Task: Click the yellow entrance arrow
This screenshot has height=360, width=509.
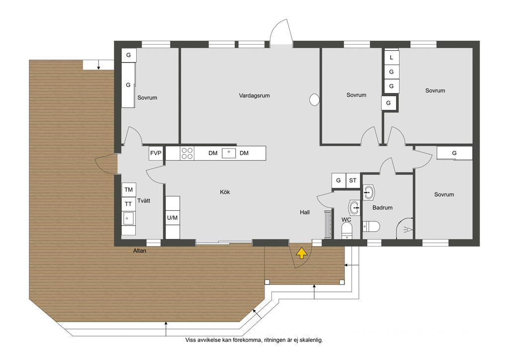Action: (x=302, y=253)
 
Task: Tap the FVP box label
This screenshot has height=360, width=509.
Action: (x=156, y=153)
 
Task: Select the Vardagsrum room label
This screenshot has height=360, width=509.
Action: (x=254, y=95)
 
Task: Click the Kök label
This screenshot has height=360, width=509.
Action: (x=225, y=192)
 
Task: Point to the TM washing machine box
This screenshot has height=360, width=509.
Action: (x=129, y=189)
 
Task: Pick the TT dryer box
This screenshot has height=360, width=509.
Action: (x=129, y=204)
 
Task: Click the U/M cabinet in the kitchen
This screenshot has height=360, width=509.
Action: (x=172, y=217)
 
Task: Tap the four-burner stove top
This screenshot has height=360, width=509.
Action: (x=187, y=153)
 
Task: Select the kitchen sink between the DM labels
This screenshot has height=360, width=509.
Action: (x=229, y=153)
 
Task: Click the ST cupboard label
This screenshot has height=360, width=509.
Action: (x=352, y=180)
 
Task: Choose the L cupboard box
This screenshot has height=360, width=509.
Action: (x=391, y=58)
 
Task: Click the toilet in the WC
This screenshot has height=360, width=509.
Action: (x=347, y=231)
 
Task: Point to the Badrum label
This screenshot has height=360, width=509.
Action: (x=382, y=207)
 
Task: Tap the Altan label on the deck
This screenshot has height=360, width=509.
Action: (x=140, y=251)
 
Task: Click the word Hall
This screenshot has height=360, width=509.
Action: (x=305, y=212)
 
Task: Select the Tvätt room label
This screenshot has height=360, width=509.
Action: (x=144, y=200)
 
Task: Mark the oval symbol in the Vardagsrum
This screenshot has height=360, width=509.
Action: (x=314, y=99)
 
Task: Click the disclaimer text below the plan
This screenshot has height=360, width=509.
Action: (x=254, y=340)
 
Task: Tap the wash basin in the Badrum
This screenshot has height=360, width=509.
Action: (x=368, y=192)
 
